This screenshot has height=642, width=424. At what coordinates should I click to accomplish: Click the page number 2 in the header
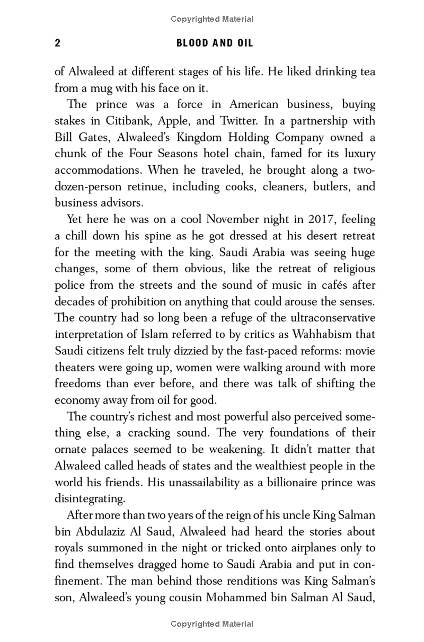tap(58, 43)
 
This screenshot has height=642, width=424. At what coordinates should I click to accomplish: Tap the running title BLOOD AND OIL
tap(215, 43)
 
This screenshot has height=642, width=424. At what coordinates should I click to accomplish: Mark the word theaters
tap(75, 367)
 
